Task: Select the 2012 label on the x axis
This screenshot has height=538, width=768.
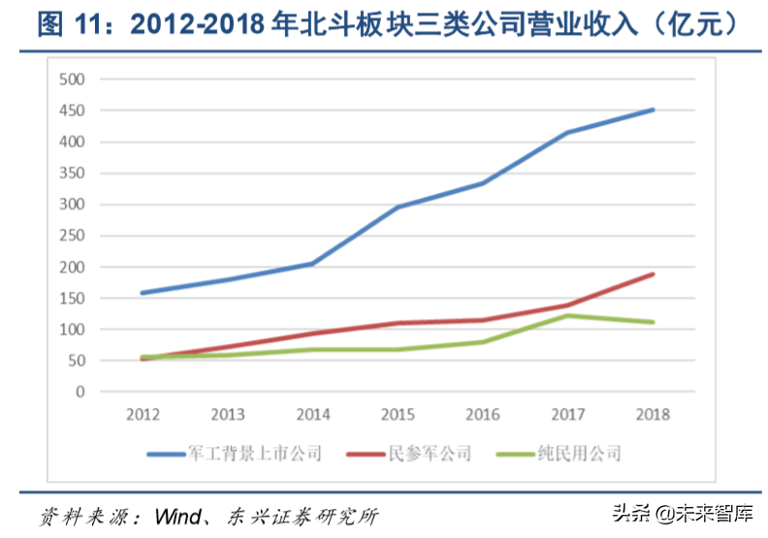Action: click(143, 415)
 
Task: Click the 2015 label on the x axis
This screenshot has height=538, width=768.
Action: click(399, 415)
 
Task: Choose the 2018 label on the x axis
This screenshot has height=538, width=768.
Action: click(654, 415)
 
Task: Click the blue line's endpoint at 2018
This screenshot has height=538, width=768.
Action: click(654, 110)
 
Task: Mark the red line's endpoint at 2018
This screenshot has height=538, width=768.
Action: click(654, 274)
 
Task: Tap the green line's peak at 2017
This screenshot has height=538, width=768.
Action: click(568, 315)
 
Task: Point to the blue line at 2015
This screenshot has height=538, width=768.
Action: click(399, 206)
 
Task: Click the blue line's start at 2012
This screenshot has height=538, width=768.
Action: click(143, 293)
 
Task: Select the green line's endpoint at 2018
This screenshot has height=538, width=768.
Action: click(654, 322)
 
